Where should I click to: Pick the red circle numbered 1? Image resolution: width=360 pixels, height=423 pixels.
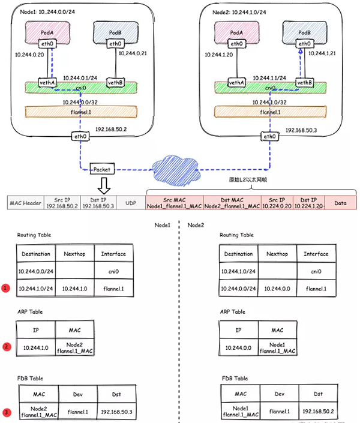tap(7, 289)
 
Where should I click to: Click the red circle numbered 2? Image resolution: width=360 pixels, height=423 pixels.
tap(7, 346)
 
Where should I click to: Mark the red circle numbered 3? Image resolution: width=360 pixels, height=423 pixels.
tap(7, 412)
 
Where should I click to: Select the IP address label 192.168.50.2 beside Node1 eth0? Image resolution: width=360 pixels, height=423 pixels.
tap(111, 130)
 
